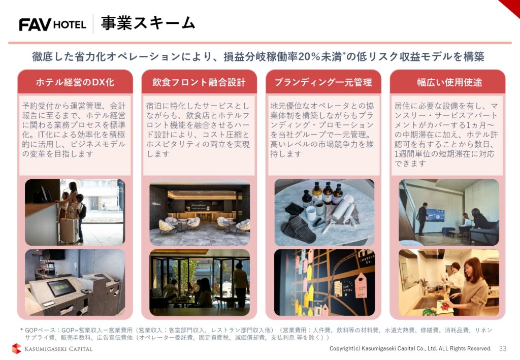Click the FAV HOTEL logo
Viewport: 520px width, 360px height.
52,24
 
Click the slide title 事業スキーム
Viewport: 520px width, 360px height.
148,23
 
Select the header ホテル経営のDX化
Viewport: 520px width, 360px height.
75,82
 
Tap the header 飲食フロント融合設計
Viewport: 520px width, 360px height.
199,82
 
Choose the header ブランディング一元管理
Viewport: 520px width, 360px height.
323,82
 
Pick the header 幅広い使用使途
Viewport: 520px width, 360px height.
447,82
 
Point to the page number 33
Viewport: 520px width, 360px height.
503,348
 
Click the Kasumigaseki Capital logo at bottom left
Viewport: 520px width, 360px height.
52,349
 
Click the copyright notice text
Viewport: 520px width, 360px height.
410,348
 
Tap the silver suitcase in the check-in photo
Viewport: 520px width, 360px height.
68,230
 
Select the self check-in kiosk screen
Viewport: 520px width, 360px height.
61,288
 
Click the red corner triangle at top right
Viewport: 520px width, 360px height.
511,6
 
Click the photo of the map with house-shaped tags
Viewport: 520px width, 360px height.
324,282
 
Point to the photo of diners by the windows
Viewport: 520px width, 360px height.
199,282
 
